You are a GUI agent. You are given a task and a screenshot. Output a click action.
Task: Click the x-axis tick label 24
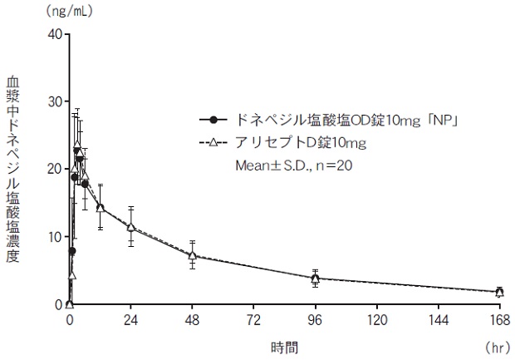[x=130, y=319]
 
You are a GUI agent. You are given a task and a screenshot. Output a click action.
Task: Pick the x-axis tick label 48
[x=192, y=319]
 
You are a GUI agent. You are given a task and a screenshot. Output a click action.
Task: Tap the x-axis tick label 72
[x=253, y=319]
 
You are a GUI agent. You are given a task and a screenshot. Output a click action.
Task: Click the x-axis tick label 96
[x=315, y=319]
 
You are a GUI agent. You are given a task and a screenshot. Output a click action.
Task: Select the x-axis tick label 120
[x=376, y=319]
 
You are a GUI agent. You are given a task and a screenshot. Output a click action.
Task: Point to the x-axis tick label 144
[x=438, y=319]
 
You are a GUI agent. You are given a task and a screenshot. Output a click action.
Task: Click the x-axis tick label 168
[x=498, y=319]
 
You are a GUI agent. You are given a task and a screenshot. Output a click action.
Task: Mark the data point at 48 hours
[x=192, y=255]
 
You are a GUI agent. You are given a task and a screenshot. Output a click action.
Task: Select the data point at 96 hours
[x=315, y=278]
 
